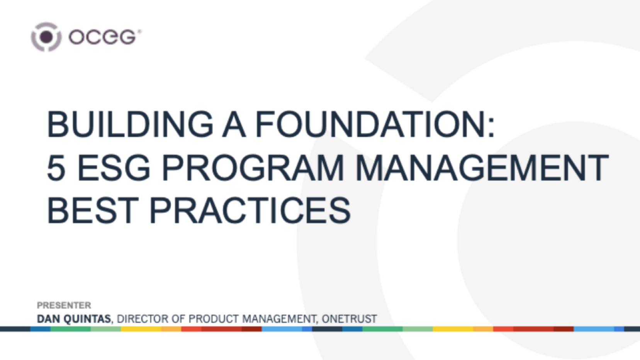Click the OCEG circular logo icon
click(x=46, y=37)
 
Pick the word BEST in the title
click(x=93, y=211)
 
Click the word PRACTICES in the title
click(x=250, y=211)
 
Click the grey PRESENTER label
click(x=64, y=306)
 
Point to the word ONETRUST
click(x=349, y=319)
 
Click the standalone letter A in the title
click(x=234, y=124)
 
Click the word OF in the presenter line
click(x=178, y=319)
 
